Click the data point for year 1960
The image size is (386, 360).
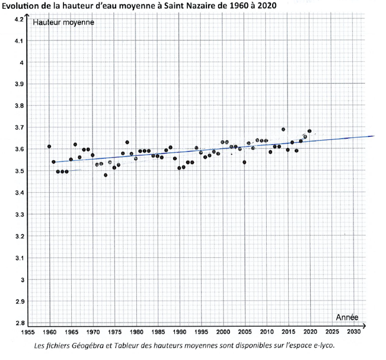(49, 146)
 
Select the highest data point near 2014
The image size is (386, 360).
(283, 129)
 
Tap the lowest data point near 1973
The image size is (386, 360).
(106, 175)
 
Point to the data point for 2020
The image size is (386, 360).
(310, 131)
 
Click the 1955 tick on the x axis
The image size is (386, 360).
(28, 332)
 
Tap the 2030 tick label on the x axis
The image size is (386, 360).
(353, 332)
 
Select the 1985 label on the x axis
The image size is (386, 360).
(158, 332)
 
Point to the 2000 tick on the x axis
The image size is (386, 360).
(224, 332)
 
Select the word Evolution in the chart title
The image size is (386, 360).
(22, 6)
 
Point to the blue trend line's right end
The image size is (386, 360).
(373, 136)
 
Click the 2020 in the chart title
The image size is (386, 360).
(266, 6)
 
